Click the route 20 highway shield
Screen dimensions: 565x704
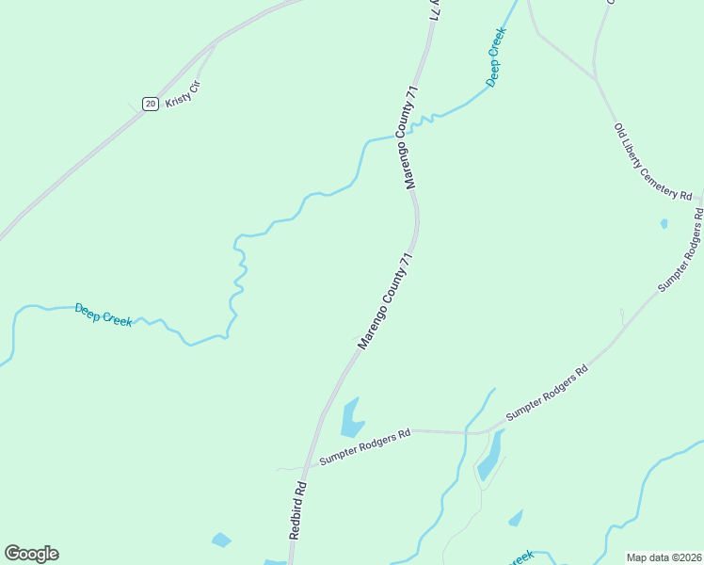click(x=150, y=104)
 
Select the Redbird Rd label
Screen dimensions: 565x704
click(x=298, y=509)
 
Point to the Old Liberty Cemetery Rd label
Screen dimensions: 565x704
click(x=652, y=161)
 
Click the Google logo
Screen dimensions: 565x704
click(x=31, y=553)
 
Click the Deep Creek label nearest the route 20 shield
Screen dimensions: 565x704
click(x=104, y=315)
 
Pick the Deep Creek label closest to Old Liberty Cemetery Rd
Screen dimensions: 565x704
click(x=497, y=57)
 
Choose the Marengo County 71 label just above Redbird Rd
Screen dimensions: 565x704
click(x=385, y=301)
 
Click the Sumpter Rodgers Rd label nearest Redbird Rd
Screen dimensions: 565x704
click(x=365, y=446)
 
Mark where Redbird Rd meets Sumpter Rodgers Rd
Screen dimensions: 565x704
click(x=306, y=466)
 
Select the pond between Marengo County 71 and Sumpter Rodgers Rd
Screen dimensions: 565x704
click(x=352, y=417)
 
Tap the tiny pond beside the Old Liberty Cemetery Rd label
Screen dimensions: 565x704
click(x=664, y=224)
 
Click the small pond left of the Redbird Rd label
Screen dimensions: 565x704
click(x=221, y=540)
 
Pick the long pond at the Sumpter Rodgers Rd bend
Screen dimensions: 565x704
click(x=490, y=456)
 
